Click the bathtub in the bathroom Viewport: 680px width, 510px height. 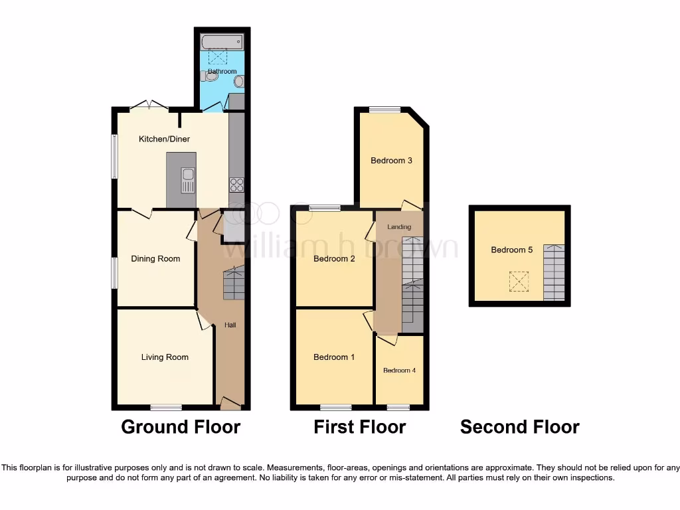222,42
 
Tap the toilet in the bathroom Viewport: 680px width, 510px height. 209,76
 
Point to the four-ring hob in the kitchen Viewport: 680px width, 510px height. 236,185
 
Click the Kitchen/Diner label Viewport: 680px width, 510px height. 164,139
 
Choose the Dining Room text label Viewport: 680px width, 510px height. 155,259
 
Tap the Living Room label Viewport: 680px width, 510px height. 165,357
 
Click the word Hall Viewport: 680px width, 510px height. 230,325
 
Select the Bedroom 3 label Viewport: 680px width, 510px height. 392,161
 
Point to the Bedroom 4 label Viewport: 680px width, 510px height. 399,371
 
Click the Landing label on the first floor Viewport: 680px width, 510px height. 399,227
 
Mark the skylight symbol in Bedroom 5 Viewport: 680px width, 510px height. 519,281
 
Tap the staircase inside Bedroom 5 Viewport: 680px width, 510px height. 554,272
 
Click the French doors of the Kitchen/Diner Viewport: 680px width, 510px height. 149,105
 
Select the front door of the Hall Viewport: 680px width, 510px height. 230,402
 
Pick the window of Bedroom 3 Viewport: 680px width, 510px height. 385,110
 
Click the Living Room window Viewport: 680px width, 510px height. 166,407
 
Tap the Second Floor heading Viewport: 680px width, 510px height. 519,427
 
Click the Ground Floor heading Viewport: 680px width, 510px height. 181,427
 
